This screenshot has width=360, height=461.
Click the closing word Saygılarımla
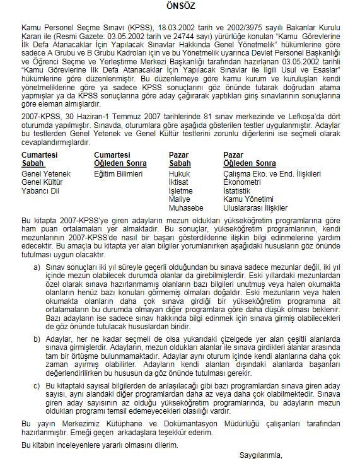(x=260, y=454)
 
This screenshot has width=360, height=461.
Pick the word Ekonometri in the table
(x=243, y=181)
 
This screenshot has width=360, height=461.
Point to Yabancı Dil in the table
(x=40, y=190)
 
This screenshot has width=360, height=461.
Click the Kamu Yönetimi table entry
(x=247, y=198)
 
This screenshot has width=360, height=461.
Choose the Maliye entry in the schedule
(x=180, y=198)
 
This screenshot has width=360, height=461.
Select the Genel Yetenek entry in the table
(x=46, y=173)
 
